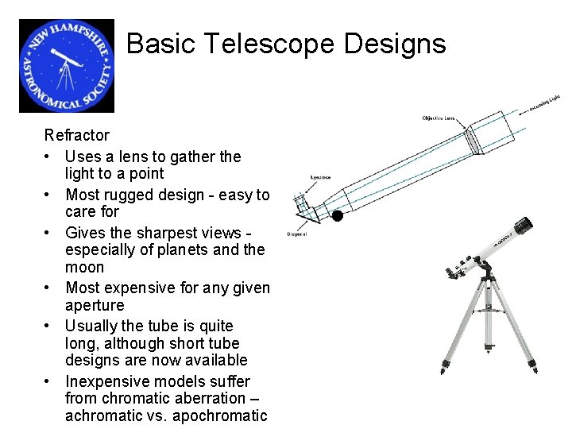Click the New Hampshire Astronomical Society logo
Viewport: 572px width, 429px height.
[67, 66]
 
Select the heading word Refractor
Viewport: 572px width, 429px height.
[77, 135]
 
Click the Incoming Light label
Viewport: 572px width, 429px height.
[545, 103]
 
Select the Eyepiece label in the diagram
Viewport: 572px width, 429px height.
[320, 178]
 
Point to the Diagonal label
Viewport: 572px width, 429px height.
[296, 234]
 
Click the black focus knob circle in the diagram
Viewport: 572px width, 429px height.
[337, 215]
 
